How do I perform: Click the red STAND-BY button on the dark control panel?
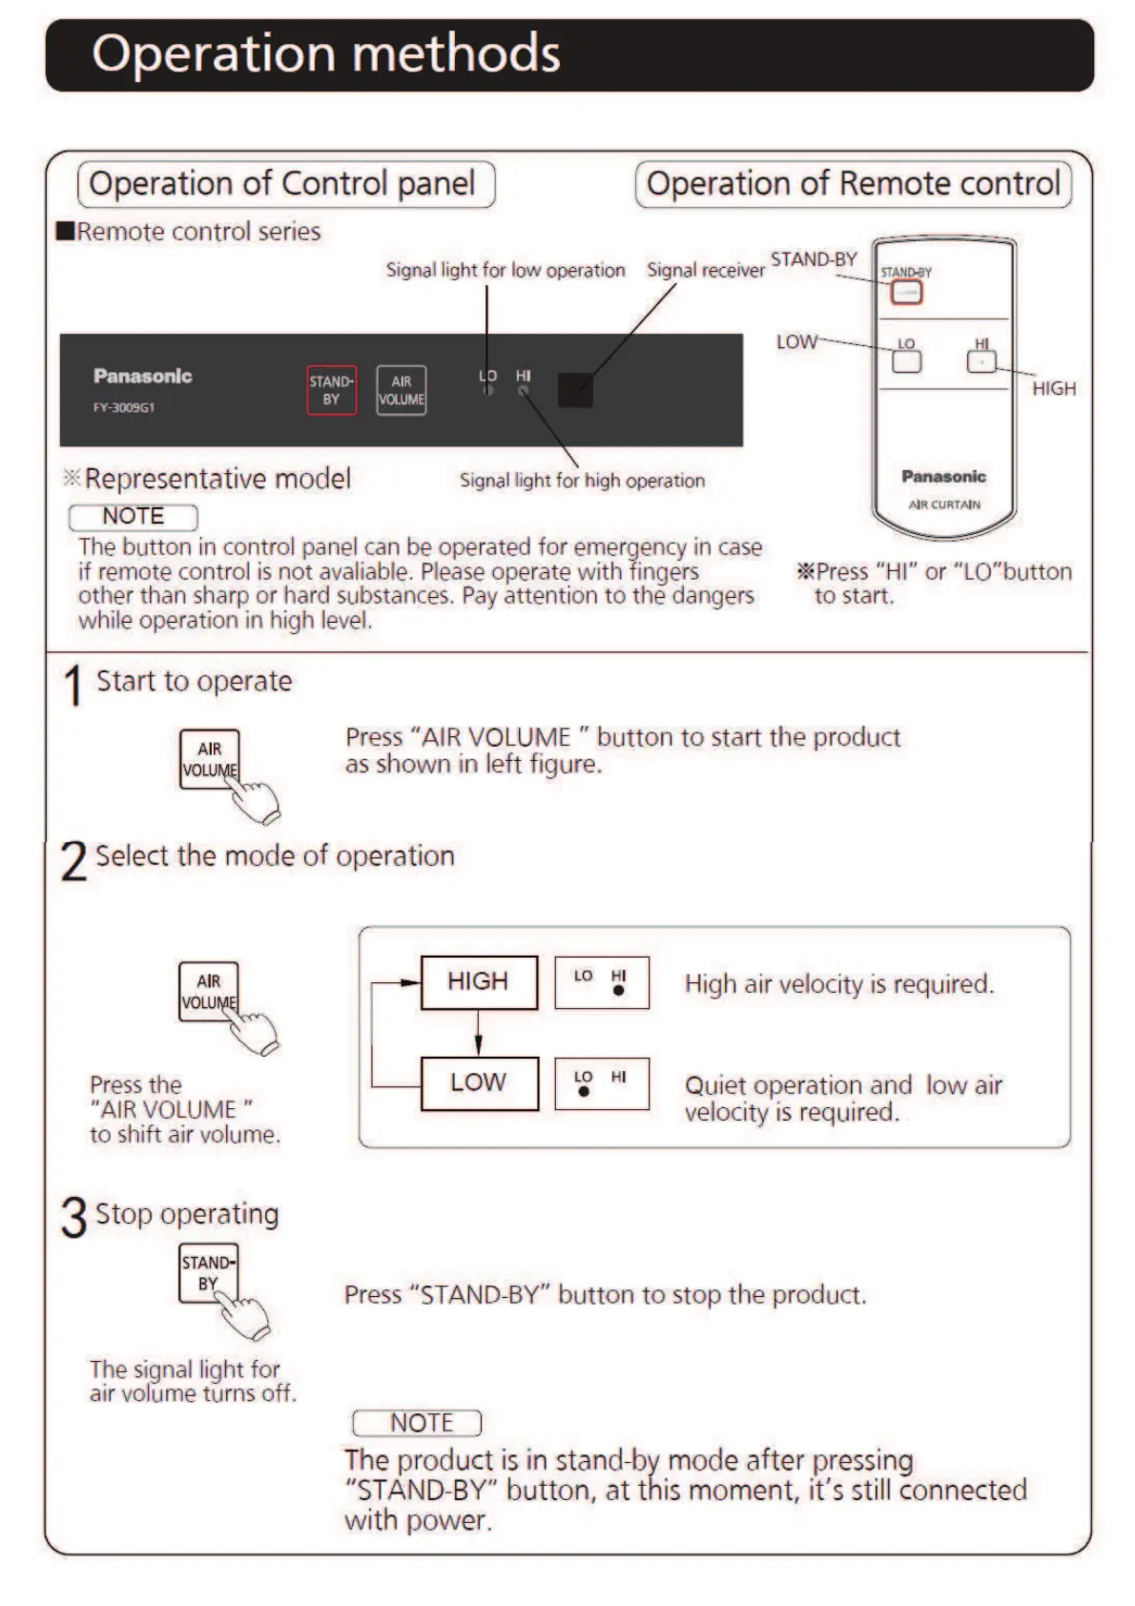pos(331,390)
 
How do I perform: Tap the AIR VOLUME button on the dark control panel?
pos(402,390)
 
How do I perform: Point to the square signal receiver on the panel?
pos(574,389)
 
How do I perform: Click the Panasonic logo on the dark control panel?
pos(143,376)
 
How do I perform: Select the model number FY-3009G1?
pos(124,407)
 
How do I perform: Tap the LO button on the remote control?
pos(906,361)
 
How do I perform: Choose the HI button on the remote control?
pos(981,361)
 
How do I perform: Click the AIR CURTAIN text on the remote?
pos(944,504)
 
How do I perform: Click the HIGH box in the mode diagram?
pos(479,981)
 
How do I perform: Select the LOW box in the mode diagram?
pos(479,1082)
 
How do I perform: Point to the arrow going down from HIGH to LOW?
pos(479,1033)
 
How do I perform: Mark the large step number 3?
pos(74,1218)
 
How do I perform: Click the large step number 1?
pos(72,686)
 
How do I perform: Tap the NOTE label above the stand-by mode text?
pos(418,1423)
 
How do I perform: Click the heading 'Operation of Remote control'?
pos(853,183)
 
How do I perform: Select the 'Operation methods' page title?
pos(326,54)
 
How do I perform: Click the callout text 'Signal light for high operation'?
pos(582,481)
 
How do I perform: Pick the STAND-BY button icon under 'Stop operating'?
pos(208,1272)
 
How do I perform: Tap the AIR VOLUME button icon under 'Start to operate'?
pos(210,759)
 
